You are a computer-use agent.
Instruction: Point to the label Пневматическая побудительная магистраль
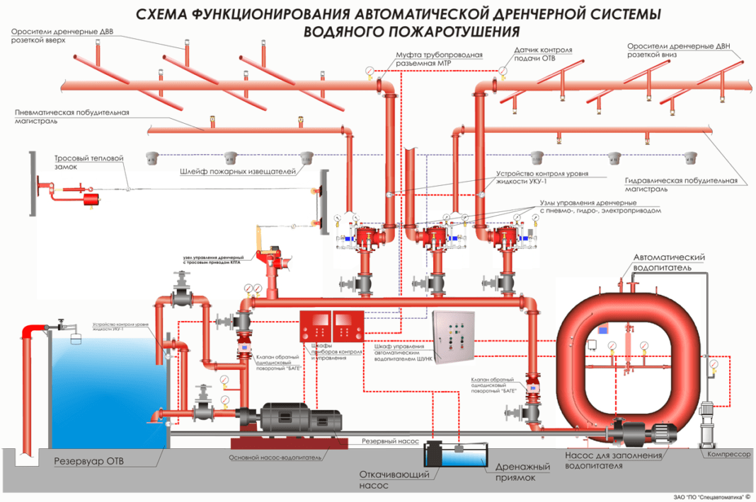point(71,117)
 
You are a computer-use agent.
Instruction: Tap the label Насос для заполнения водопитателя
point(614,460)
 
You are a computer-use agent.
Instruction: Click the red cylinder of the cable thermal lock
point(91,199)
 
